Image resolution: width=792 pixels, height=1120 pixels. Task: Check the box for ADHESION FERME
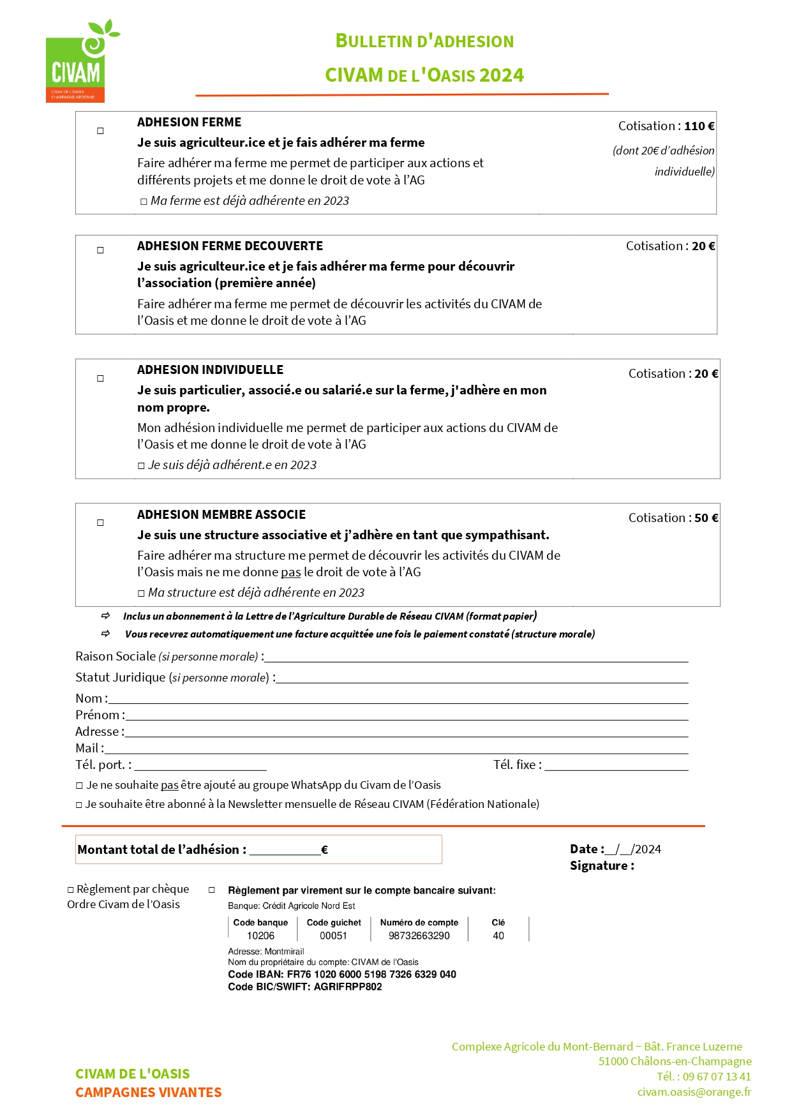[x=100, y=131]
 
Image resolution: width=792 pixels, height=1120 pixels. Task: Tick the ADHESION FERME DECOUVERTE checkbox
[x=100, y=250]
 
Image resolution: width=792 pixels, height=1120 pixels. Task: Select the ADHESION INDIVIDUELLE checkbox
[x=100, y=378]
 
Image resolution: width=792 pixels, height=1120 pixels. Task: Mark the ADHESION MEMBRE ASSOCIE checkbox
[x=100, y=523]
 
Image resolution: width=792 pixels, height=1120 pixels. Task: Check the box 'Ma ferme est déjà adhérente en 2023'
[x=144, y=202]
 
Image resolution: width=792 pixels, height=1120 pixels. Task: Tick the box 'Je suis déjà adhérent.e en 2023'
[x=141, y=466]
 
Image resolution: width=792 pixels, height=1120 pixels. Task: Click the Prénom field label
[x=98, y=715]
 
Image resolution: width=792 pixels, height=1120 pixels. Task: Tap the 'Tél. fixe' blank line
[x=616, y=766]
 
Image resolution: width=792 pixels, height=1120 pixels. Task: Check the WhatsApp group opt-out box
[x=80, y=786]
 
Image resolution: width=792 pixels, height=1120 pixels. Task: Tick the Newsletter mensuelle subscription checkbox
[x=79, y=805]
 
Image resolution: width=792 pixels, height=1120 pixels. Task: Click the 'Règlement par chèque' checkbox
[x=71, y=890]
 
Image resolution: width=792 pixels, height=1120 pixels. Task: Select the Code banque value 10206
[x=260, y=936]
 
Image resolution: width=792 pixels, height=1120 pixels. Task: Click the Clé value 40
[x=498, y=936]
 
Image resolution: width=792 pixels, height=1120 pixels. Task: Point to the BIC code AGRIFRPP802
[x=348, y=987]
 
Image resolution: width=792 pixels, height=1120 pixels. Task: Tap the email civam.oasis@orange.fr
[x=694, y=1092]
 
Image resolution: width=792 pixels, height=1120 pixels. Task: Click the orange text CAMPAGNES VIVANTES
[x=149, y=1093]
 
